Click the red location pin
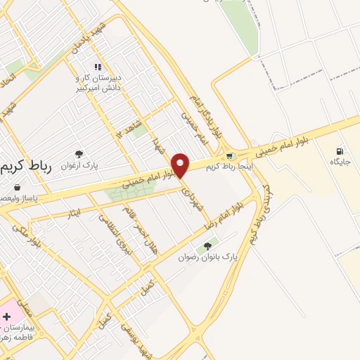pos(181,165)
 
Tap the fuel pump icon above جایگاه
pos(340,150)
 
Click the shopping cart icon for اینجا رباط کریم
pos(229,156)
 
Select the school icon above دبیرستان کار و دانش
pos(98,67)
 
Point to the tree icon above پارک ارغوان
pos(78,154)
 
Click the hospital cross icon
pos(7,317)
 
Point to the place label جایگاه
pos(340,162)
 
